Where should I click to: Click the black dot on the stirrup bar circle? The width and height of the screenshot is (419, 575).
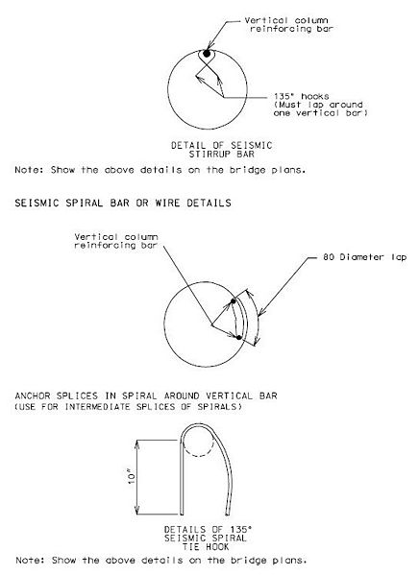[x=207, y=54]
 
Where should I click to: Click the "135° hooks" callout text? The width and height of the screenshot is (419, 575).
[x=301, y=96]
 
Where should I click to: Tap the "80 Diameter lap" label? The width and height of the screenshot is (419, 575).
[x=364, y=257]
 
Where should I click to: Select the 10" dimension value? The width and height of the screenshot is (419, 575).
[x=132, y=477]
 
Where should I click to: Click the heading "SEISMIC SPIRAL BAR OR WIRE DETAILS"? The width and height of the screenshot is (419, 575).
[x=123, y=203]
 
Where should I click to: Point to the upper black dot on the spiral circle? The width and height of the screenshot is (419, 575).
[x=234, y=301]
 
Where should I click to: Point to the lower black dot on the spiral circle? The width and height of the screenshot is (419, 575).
[x=238, y=337]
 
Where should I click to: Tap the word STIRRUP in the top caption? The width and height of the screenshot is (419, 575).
[x=209, y=154]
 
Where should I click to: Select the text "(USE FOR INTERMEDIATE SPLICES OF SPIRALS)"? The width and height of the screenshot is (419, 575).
[x=129, y=407]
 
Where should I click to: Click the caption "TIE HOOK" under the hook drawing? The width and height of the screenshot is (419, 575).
[x=206, y=547]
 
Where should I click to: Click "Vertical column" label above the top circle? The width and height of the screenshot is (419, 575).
[x=286, y=20]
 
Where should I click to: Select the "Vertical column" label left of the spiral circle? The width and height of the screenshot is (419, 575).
[x=116, y=237]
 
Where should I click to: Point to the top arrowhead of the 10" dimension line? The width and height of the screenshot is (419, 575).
[x=137, y=443]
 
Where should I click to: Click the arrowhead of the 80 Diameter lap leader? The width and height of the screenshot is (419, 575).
[x=260, y=313]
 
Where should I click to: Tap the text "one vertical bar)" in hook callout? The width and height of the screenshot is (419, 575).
[x=320, y=113]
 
